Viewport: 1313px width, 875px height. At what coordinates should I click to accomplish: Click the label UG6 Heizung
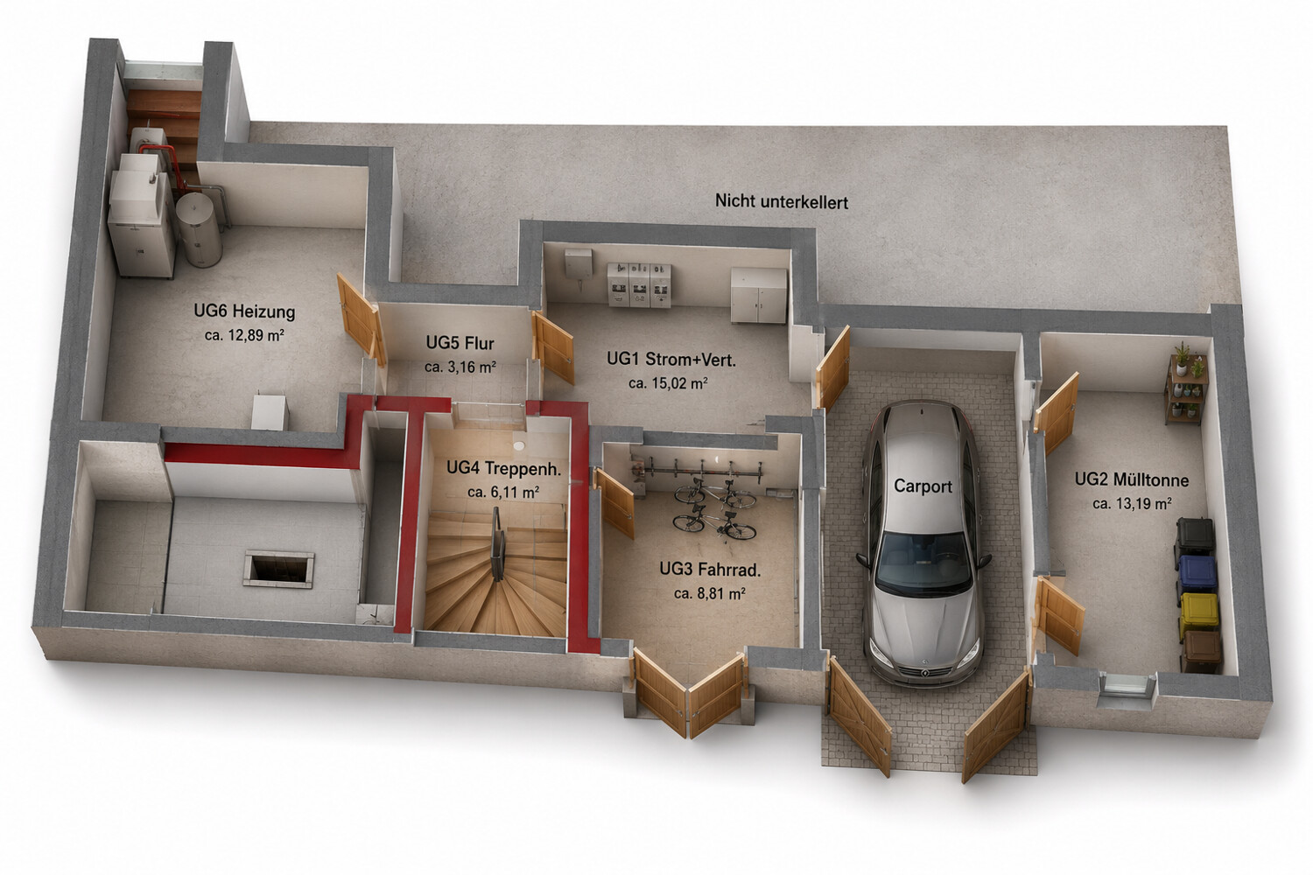(244, 311)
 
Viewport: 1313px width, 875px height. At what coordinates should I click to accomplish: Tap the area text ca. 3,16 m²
(460, 367)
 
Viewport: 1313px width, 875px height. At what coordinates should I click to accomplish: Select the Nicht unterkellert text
(782, 201)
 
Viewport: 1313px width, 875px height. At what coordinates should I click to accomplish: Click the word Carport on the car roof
(923, 486)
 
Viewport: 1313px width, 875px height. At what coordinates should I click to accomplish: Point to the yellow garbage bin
(1199, 613)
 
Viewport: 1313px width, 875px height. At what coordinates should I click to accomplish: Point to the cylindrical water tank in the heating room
(200, 229)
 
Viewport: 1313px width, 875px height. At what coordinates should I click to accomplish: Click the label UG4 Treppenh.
(504, 468)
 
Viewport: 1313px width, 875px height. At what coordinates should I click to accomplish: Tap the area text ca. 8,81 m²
(710, 593)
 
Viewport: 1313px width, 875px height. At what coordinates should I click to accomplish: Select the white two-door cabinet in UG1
(758, 296)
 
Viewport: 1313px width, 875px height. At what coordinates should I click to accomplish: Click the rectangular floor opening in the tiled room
(279, 569)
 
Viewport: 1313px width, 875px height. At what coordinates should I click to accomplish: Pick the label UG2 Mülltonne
(1132, 479)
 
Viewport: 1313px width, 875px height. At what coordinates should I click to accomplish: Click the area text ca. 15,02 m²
(668, 383)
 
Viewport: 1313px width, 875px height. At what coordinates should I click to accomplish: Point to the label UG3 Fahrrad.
(710, 569)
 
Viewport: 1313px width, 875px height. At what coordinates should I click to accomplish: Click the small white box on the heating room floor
(270, 413)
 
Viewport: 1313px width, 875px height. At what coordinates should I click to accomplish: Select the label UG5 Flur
(460, 343)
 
